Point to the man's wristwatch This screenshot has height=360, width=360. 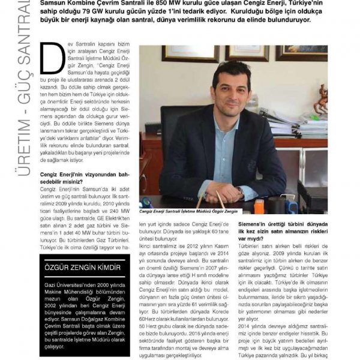click(239, 191)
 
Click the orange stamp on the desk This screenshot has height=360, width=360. click(259, 206)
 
